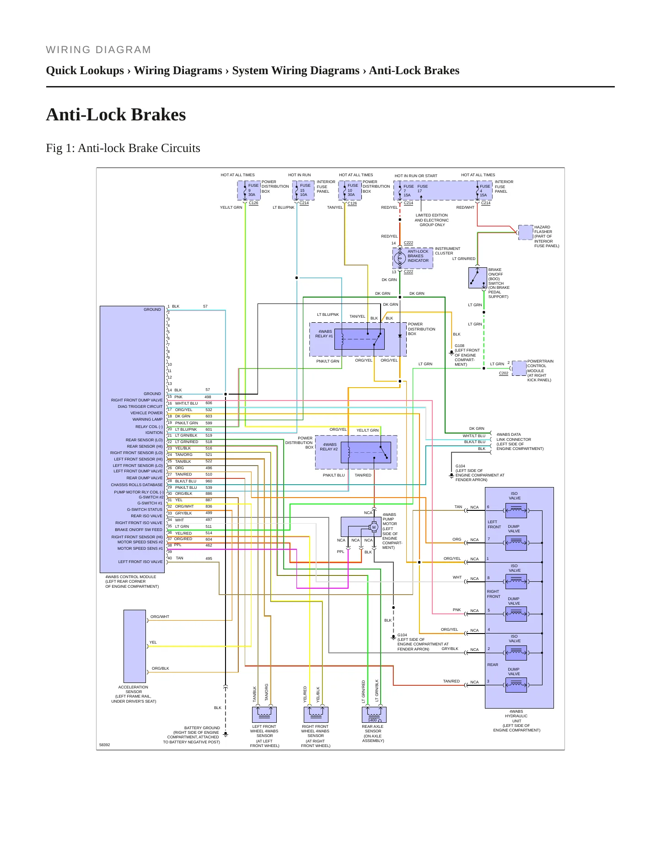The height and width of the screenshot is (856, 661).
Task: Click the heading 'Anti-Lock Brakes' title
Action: tap(116, 114)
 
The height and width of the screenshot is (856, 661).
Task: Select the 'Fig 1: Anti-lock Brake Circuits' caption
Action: tap(123, 148)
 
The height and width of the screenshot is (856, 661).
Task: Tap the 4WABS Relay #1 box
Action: tap(360, 339)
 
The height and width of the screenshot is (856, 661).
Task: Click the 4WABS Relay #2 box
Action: tap(366, 452)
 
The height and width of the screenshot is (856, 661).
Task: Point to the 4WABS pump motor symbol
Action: tap(374, 527)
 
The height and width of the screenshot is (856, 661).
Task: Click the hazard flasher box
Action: tap(526, 233)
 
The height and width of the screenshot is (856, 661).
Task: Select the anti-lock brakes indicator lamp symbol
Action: tap(400, 259)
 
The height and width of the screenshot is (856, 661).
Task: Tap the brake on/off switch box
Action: tap(478, 278)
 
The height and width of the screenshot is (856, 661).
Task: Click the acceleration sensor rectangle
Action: tap(134, 646)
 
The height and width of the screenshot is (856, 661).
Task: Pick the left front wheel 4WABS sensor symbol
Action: tap(264, 715)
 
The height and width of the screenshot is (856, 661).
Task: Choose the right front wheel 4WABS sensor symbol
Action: tap(316, 715)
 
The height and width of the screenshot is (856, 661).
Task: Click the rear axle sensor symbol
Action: tap(374, 715)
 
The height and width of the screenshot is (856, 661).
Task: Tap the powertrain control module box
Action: tap(519, 368)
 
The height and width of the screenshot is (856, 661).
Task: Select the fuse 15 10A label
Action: tap(304, 190)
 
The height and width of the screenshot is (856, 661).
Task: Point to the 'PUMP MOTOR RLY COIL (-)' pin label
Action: tap(139, 492)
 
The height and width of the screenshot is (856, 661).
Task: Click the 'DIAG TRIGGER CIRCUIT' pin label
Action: tap(140, 406)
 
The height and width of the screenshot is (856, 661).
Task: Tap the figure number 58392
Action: tap(105, 745)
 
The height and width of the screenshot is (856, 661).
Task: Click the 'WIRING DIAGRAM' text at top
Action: tap(98, 50)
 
